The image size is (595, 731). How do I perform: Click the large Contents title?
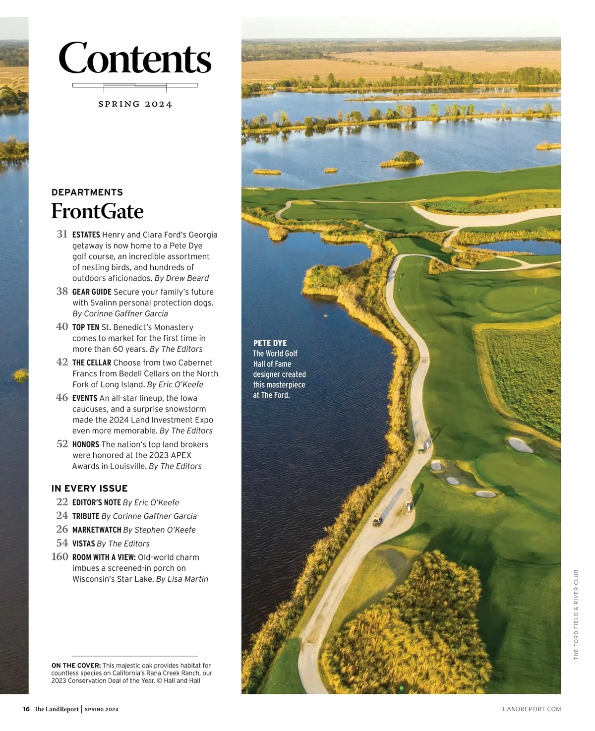click(x=135, y=59)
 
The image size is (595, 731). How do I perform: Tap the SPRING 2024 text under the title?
click(x=135, y=104)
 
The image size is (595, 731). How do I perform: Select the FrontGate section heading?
click(x=97, y=211)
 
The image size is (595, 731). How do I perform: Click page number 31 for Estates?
click(x=62, y=234)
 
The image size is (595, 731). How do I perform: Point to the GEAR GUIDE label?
click(x=92, y=292)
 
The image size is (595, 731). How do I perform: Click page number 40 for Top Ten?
click(x=62, y=327)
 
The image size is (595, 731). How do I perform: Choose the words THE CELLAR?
click(x=92, y=363)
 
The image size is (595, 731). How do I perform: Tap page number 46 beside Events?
click(x=62, y=398)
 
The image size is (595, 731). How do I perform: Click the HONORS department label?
click(x=86, y=445)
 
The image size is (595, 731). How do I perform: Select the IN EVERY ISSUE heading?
click(x=90, y=488)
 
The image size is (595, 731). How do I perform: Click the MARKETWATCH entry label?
click(x=97, y=530)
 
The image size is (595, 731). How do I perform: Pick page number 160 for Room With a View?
click(x=60, y=557)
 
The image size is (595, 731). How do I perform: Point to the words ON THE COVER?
click(x=76, y=666)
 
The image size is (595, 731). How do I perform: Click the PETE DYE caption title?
click(x=270, y=343)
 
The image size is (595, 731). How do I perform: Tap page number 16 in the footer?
click(x=26, y=709)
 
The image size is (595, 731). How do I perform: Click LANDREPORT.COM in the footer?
click(x=532, y=709)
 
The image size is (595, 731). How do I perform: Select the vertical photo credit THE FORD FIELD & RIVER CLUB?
click(x=576, y=615)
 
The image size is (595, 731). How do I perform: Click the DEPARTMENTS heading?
click(x=87, y=192)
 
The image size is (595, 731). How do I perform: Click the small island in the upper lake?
click(x=403, y=159)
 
